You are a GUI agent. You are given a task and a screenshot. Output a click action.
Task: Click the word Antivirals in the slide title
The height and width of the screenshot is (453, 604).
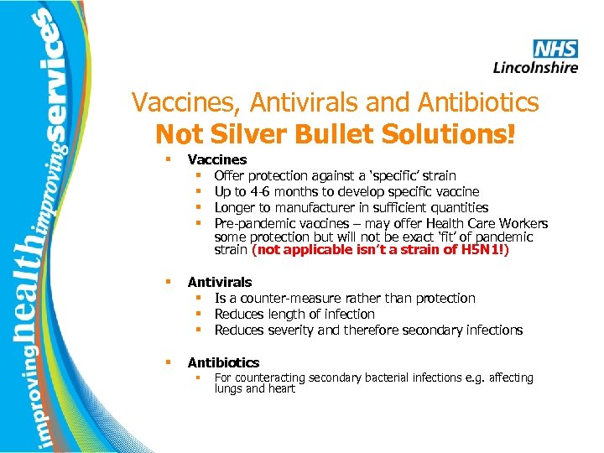click(x=307, y=103)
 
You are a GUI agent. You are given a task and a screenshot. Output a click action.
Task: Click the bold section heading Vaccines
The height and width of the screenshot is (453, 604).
click(x=216, y=159)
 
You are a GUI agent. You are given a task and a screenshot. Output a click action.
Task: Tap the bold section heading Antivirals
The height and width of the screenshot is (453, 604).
click(x=219, y=283)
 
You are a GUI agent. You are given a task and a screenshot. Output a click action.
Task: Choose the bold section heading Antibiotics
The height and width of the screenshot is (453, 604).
click(x=223, y=362)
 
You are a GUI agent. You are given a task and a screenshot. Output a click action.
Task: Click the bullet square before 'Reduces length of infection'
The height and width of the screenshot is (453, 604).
click(x=202, y=314)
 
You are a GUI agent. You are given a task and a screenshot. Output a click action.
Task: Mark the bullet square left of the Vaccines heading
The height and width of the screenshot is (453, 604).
click(x=169, y=159)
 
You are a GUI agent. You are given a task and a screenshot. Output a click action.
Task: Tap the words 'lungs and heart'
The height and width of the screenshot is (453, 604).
click(x=254, y=388)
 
